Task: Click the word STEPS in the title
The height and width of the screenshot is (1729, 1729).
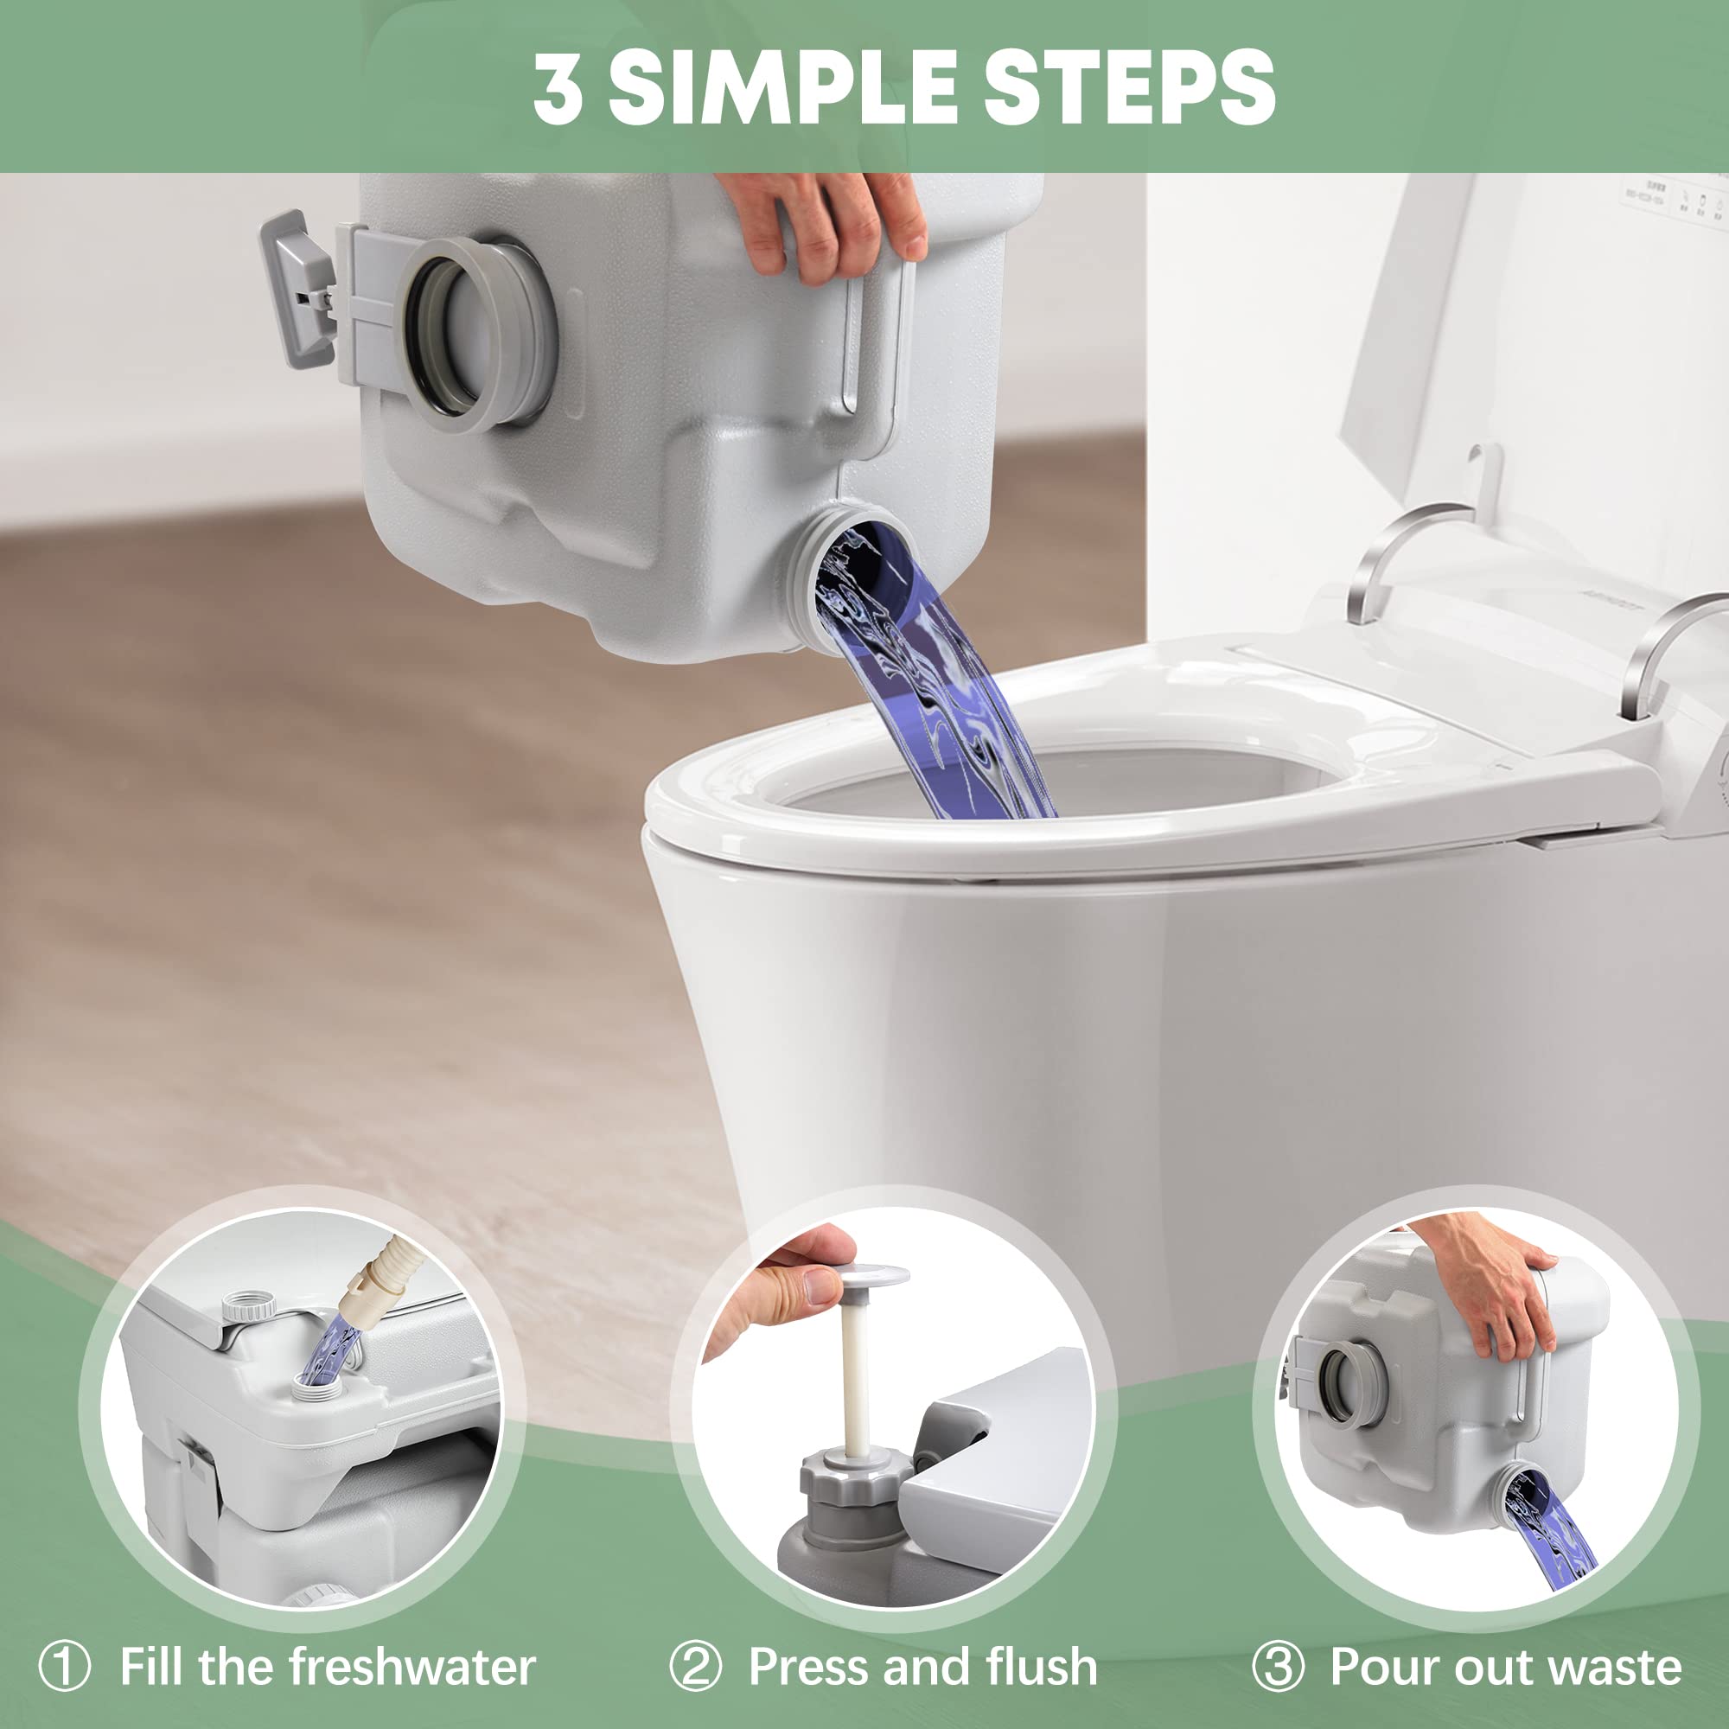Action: [x=1128, y=86]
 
